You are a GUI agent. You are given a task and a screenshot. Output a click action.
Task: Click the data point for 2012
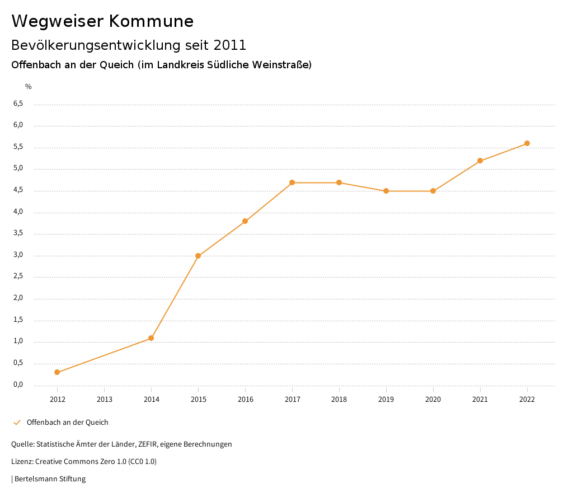(x=57, y=372)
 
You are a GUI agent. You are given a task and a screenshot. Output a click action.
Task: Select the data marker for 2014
(x=151, y=338)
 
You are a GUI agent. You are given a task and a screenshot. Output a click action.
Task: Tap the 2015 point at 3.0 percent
(x=198, y=256)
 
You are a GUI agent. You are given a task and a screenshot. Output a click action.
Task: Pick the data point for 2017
(x=292, y=182)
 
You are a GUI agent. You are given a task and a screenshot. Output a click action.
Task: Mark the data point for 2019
(x=386, y=191)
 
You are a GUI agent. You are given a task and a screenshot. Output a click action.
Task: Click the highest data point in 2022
(x=527, y=143)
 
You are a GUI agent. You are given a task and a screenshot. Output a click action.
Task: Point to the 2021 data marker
(x=480, y=161)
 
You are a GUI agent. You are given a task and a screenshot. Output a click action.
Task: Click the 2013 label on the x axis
(x=104, y=400)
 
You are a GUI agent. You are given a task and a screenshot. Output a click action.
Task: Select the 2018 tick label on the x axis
(x=339, y=400)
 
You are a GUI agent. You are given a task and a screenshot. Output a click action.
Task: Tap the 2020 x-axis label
(x=433, y=400)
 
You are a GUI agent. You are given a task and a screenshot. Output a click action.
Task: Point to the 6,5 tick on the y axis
(x=18, y=104)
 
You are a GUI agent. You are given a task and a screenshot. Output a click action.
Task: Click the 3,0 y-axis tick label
(x=18, y=255)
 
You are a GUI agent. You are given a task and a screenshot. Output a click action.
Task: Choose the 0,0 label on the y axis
(x=18, y=385)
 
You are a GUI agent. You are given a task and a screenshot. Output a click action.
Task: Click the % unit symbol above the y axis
(x=29, y=87)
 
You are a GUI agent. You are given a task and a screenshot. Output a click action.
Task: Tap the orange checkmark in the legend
(x=17, y=423)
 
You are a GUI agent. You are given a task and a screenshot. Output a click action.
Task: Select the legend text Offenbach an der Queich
(x=67, y=423)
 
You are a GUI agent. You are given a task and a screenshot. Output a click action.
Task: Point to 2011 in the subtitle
(x=229, y=45)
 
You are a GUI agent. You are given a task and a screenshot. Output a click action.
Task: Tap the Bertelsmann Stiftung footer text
(x=50, y=479)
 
